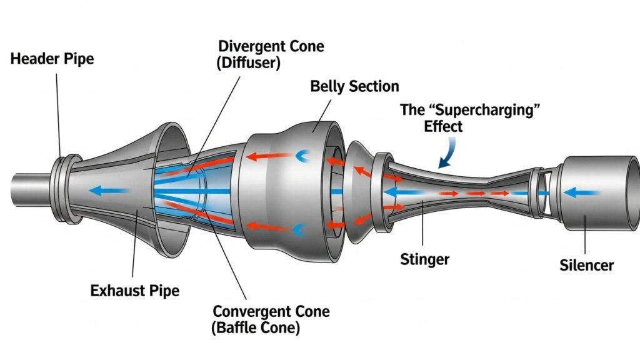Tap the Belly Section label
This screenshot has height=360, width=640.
click(x=354, y=86)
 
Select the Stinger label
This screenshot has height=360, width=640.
click(x=424, y=258)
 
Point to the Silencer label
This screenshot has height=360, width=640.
click(x=586, y=265)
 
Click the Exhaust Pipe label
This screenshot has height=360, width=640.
click(x=134, y=290)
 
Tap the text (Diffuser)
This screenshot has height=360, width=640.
click(x=249, y=62)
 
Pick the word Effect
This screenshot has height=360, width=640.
click(x=443, y=126)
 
